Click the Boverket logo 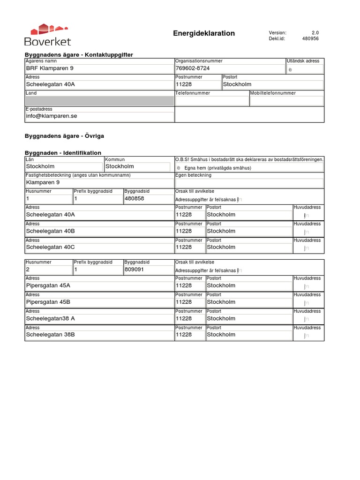click(x=47, y=35)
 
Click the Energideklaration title click(x=204, y=33)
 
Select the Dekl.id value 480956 click(x=310, y=39)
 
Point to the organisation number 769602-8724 click(x=193, y=68)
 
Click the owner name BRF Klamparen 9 click(x=50, y=68)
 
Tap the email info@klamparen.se click(x=51, y=116)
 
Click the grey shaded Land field click(x=99, y=101)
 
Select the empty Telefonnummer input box click(x=212, y=101)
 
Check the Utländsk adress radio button click(x=290, y=69)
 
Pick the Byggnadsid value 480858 click(x=135, y=198)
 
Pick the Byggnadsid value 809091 click(x=135, y=270)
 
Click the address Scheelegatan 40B click(x=51, y=231)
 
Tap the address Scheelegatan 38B click(x=51, y=335)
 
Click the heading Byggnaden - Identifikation click(x=63, y=153)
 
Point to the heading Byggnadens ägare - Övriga click(x=64, y=136)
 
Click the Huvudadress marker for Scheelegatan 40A click(x=306, y=216)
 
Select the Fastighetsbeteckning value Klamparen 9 click(x=43, y=182)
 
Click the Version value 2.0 click(x=315, y=32)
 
